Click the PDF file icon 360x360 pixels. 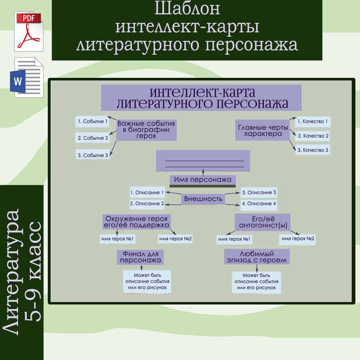[x=29, y=31]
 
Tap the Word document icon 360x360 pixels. [x=28, y=78]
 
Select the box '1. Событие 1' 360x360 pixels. [x=92, y=121]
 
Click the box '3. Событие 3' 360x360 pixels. [x=92, y=155]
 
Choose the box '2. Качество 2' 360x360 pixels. [x=313, y=136]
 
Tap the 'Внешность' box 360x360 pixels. [x=203, y=199]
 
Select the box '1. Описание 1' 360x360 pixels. [x=147, y=192]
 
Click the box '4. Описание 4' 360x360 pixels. [x=259, y=204]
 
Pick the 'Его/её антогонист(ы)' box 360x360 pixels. [x=262, y=222]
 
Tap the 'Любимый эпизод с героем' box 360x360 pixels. [x=256, y=257]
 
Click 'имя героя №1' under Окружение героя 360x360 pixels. [x=117, y=239]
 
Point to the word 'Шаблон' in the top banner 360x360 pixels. [x=187, y=9]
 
